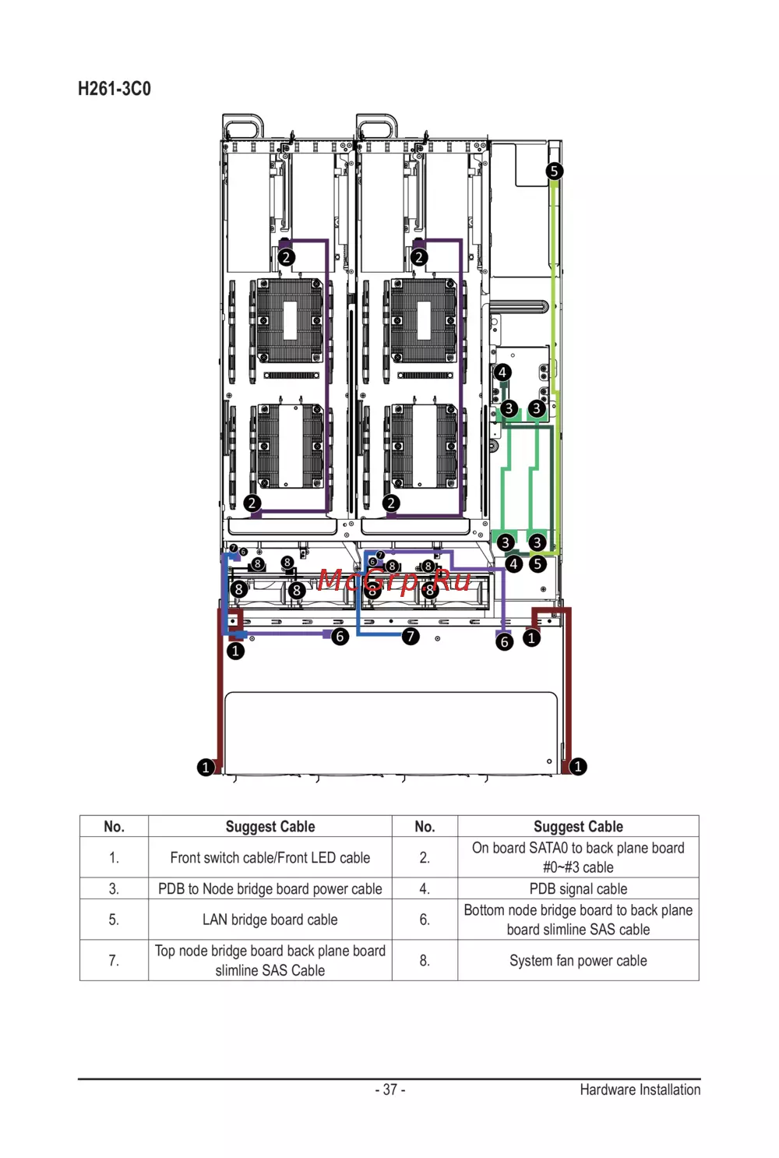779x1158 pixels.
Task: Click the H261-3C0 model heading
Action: click(x=115, y=89)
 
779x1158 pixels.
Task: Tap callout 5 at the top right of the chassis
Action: click(x=554, y=171)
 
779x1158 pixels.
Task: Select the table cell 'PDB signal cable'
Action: click(x=578, y=888)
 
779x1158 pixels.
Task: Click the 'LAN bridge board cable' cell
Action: click(x=270, y=920)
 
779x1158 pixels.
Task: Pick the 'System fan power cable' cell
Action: click(x=578, y=961)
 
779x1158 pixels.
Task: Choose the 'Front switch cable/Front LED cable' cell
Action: click(x=270, y=858)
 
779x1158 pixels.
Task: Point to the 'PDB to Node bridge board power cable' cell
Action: click(x=270, y=888)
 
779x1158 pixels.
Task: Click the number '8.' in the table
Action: click(x=425, y=961)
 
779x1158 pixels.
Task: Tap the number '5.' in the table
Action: click(x=114, y=920)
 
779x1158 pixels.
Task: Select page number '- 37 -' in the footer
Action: click(x=390, y=1089)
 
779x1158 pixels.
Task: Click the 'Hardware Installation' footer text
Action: click(x=640, y=1089)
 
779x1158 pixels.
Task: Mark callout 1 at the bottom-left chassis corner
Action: click(x=206, y=767)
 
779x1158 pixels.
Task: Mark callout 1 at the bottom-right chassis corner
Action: click(x=578, y=766)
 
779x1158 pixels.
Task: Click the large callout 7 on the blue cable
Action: click(x=411, y=636)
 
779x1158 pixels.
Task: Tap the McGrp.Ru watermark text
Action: click(x=394, y=580)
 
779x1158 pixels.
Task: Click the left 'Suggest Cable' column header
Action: click(x=270, y=827)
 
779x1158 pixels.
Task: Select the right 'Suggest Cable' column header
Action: click(x=578, y=827)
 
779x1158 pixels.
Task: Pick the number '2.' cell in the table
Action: click(x=425, y=858)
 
